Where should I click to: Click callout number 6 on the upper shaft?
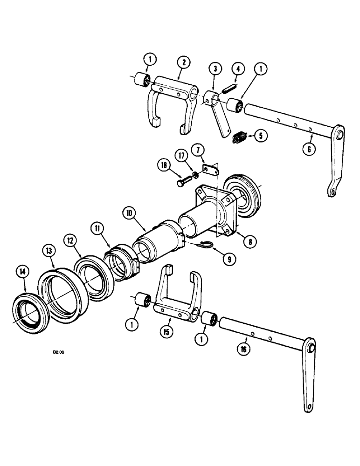click(311, 149)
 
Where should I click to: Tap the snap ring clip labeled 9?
click(203, 245)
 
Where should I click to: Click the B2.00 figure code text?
click(58, 353)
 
